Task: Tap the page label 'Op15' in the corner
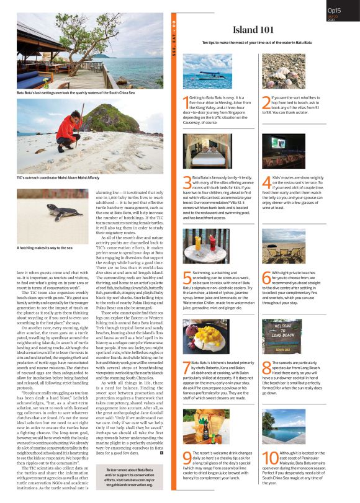pos(335,10)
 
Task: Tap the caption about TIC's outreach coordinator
pos(56,178)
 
